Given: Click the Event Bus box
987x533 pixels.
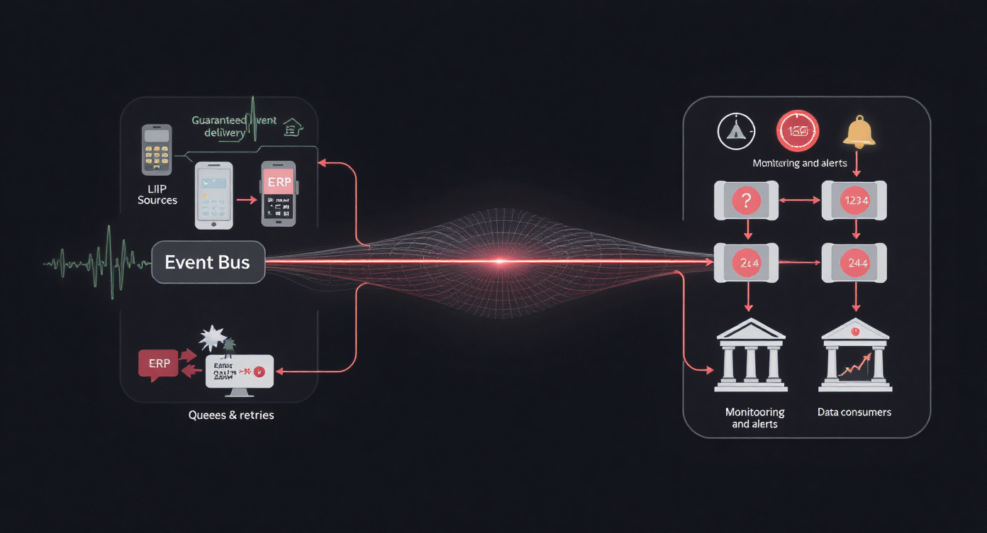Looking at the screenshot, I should coord(208,262).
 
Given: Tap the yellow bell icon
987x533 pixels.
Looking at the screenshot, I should coord(858,133).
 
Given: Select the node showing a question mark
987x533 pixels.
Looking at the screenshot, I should coord(746,201).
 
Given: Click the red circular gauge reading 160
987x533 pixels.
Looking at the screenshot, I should coord(798,133).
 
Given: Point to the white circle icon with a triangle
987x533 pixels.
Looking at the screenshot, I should coord(736,132).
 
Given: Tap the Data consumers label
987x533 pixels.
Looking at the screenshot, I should coord(854,412).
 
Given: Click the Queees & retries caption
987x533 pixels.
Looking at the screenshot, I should coord(231,415).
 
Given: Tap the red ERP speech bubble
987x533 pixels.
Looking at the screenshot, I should coord(159,364).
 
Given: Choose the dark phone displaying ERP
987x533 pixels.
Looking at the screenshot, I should coord(278,193).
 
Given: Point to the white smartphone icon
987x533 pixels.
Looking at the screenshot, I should coord(213,194).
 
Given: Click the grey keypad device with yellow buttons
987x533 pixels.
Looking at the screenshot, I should coord(157,150).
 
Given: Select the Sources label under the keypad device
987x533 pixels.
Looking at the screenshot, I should coord(157,200).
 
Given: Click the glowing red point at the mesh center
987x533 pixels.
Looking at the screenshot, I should coord(498,262).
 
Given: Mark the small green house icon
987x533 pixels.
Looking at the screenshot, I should coord(292,128).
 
